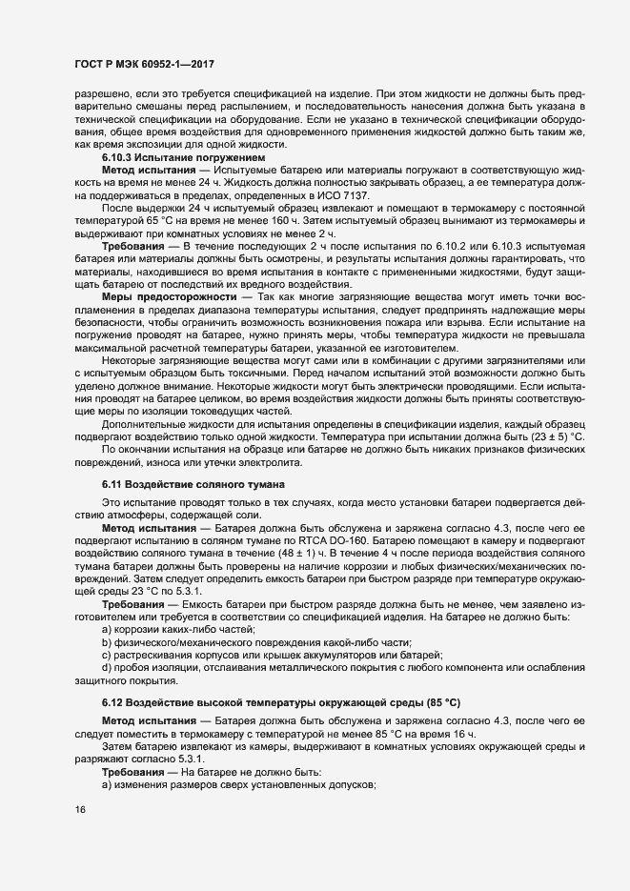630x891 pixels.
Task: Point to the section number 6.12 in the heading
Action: (115, 702)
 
